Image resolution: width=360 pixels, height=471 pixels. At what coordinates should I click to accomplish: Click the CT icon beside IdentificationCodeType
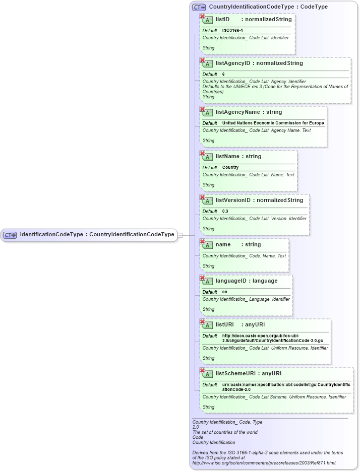click(x=10, y=235)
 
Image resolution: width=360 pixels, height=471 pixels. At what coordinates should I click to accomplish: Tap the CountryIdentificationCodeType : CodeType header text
click(x=268, y=7)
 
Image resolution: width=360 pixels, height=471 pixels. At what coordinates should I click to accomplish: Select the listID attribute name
click(x=222, y=20)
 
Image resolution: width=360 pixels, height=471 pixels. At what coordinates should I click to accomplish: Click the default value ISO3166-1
click(x=232, y=31)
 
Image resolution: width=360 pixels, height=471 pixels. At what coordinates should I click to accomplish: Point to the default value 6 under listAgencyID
click(x=223, y=75)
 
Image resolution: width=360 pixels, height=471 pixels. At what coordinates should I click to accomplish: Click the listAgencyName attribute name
click(x=237, y=112)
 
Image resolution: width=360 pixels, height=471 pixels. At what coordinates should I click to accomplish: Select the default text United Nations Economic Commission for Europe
click(x=273, y=123)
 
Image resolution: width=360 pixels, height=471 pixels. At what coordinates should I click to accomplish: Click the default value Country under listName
click(x=230, y=167)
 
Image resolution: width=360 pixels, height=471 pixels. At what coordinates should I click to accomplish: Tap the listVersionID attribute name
click(x=233, y=200)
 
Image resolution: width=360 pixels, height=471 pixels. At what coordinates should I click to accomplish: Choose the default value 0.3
click(x=225, y=212)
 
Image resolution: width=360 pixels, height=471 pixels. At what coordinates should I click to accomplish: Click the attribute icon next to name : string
click(x=207, y=245)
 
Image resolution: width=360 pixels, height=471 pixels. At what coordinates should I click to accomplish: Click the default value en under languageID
click(x=224, y=292)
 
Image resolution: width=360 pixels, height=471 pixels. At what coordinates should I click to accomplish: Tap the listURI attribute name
click(x=225, y=325)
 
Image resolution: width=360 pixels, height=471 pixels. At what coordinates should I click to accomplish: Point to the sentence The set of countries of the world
click(x=225, y=432)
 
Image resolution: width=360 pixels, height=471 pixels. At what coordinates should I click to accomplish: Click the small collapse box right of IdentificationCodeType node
click(x=180, y=235)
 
